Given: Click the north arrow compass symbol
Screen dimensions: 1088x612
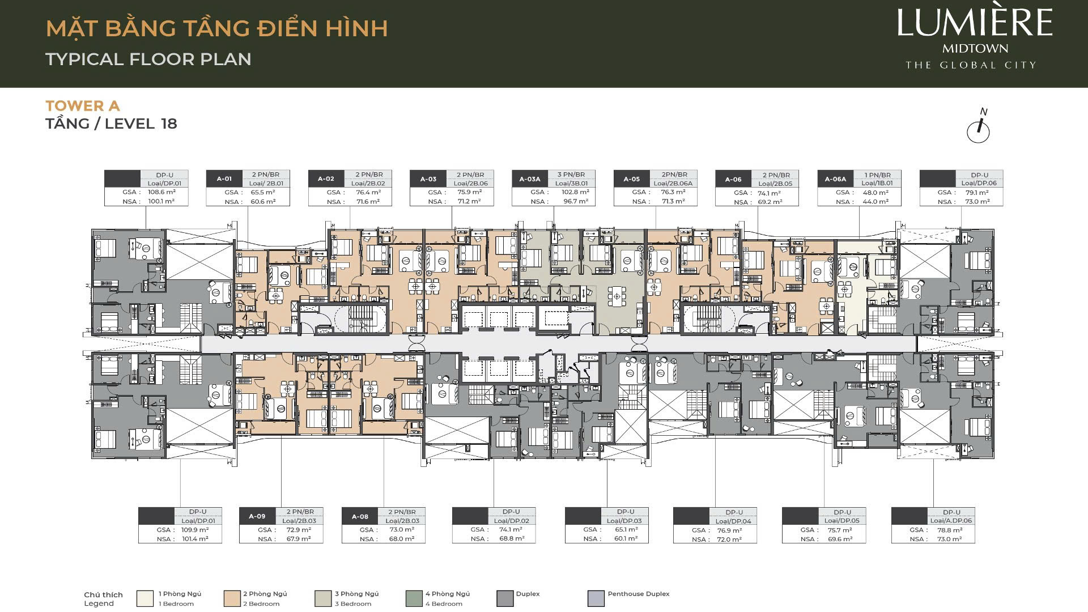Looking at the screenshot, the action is click(x=978, y=127).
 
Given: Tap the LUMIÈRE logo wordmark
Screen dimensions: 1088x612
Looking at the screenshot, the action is click(x=975, y=23).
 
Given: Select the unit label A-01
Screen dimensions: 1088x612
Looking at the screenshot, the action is click(x=224, y=179).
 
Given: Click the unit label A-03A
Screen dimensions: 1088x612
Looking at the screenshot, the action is click(x=530, y=179).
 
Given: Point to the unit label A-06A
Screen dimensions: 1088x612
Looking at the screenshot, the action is click(x=835, y=179).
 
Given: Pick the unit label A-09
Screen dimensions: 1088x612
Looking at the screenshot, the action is click(x=257, y=516).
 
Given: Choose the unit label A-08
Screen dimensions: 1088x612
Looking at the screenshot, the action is click(x=360, y=516).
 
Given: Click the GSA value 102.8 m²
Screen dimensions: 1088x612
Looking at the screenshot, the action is click(x=576, y=192).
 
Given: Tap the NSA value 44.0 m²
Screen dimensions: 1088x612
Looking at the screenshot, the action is click(x=875, y=202).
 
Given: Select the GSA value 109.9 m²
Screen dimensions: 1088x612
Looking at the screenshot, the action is click(x=195, y=530).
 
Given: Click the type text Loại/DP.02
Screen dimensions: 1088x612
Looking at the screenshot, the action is click(x=512, y=521).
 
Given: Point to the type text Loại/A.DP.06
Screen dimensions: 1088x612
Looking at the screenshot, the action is click(x=951, y=521).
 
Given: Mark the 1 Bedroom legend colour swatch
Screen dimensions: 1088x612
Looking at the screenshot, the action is click(x=145, y=598).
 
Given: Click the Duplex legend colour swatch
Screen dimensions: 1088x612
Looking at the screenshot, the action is click(x=505, y=598).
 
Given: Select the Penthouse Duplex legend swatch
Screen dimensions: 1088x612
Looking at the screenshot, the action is click(x=596, y=598).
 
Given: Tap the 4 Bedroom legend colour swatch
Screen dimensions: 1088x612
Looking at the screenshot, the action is click(x=414, y=598).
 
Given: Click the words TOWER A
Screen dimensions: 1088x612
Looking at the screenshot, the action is click(x=83, y=106).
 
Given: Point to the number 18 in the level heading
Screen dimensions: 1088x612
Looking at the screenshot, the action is click(x=169, y=124).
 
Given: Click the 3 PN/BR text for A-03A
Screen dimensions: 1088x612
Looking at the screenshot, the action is click(x=571, y=175).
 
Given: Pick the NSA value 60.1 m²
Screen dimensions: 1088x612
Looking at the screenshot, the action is click(x=626, y=539).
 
